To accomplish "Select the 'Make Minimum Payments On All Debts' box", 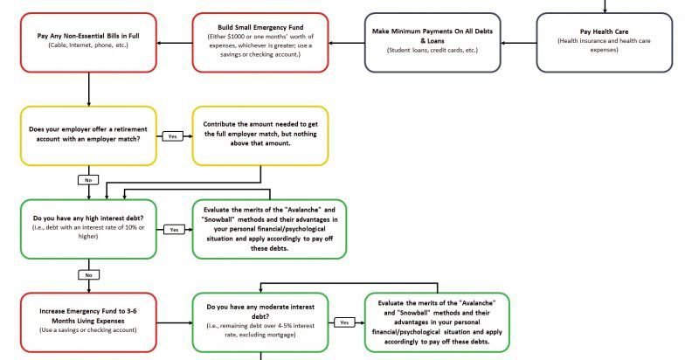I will click(x=427, y=41).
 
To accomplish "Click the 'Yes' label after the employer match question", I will click(x=172, y=137).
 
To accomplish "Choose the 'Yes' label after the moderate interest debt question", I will click(x=344, y=322).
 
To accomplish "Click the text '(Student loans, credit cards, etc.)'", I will click(x=427, y=51).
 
